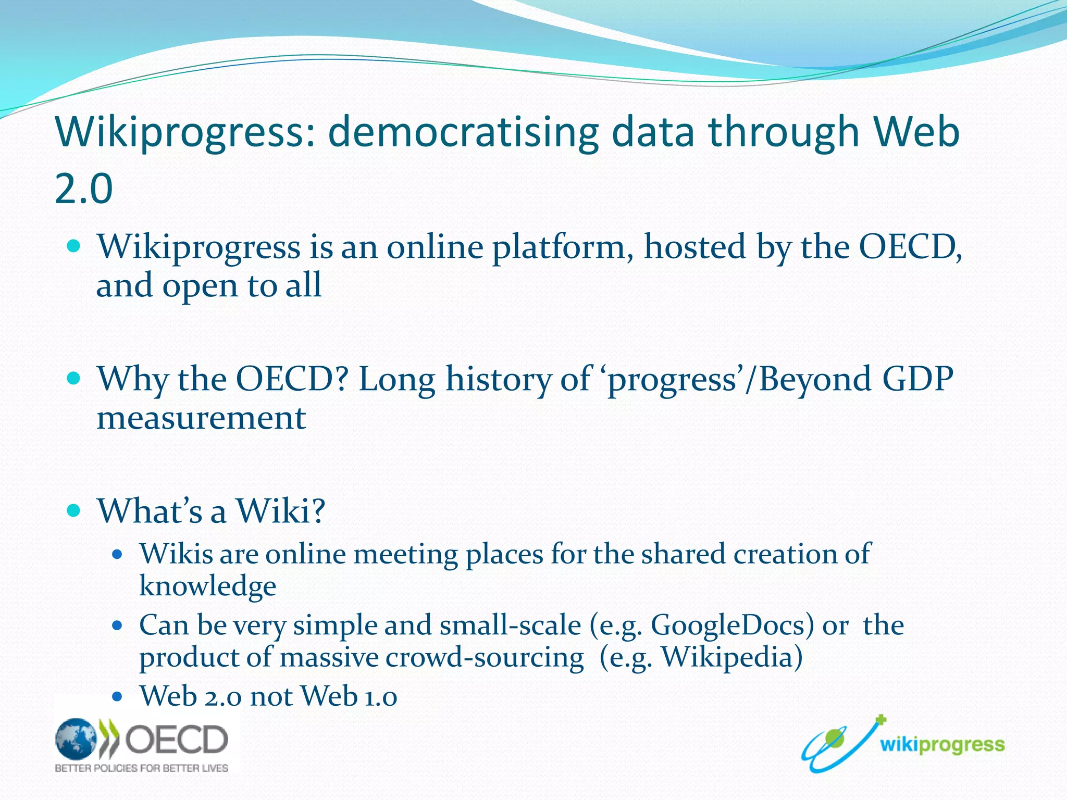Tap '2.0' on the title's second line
(x=83, y=189)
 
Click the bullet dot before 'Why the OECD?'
(x=74, y=378)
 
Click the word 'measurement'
(x=201, y=418)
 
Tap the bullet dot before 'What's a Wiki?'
(x=74, y=510)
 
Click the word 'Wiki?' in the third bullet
(x=281, y=510)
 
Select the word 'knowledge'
(x=207, y=586)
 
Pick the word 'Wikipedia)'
(x=731, y=657)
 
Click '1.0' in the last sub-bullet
(x=380, y=697)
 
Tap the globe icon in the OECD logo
(x=76, y=739)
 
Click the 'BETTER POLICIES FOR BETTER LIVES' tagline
(x=142, y=768)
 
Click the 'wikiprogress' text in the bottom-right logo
(x=942, y=745)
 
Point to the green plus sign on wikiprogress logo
(x=880, y=720)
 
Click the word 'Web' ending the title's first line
(x=917, y=132)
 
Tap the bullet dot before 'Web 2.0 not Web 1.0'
(x=117, y=696)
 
